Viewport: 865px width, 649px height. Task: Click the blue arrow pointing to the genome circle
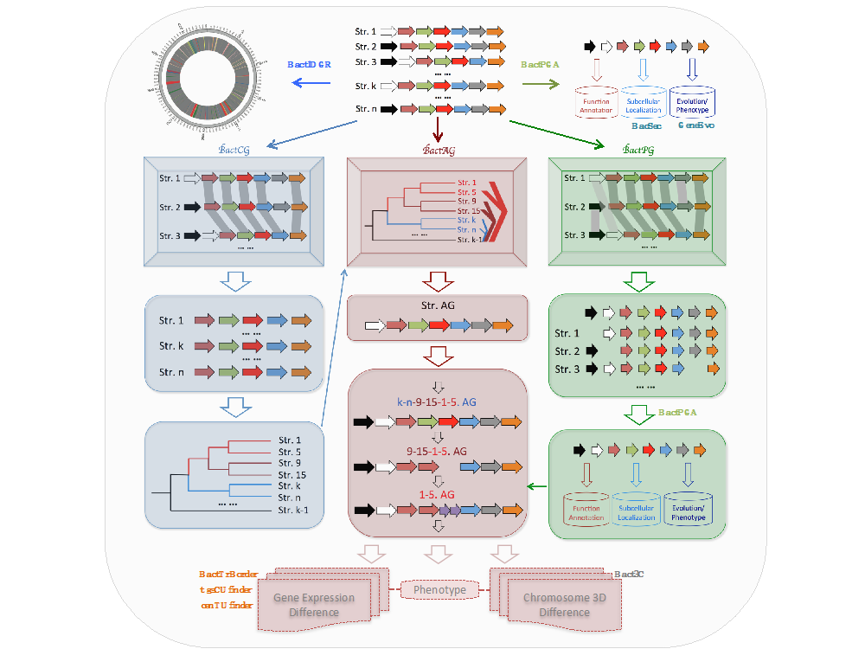(x=311, y=83)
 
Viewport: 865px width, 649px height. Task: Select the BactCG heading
(x=235, y=149)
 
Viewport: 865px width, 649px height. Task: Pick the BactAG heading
(x=439, y=150)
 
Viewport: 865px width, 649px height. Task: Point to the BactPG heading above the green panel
(x=639, y=150)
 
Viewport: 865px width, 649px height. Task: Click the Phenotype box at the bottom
(x=439, y=590)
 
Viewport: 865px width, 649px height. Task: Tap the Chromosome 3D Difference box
(x=557, y=602)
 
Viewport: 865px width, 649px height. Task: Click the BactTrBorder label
(x=228, y=574)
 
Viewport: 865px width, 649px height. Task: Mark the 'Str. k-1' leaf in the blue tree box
(x=293, y=511)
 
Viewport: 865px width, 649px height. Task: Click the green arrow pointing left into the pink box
(x=537, y=486)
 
